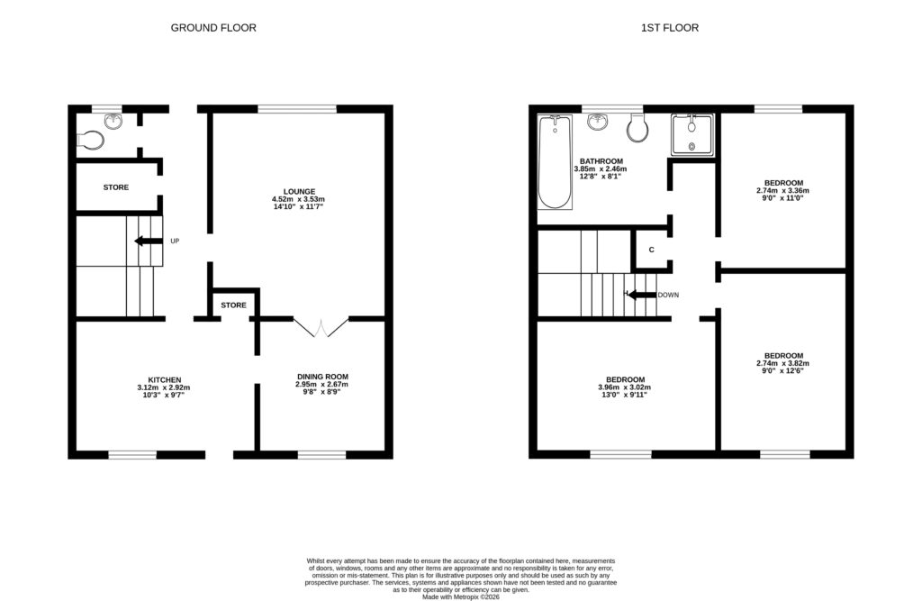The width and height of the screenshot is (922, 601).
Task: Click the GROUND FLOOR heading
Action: pos(213,28)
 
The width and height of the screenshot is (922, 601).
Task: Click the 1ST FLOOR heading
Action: pos(670,28)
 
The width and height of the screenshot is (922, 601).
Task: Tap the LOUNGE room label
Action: pos(299,191)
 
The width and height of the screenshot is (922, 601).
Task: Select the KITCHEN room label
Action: pos(165,380)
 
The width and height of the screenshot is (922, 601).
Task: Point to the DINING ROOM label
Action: pos(323,377)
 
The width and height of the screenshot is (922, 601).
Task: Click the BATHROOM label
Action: pos(601,161)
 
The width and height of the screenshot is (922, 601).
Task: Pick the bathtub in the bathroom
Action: pos(555,162)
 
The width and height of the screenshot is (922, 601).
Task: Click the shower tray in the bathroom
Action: pos(692,135)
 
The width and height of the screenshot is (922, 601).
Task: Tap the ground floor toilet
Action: pos(91,141)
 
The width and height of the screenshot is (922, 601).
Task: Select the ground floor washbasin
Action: pos(113,122)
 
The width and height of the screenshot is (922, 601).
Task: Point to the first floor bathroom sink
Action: pos(598,122)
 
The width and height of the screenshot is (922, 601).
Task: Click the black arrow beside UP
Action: pos(149,241)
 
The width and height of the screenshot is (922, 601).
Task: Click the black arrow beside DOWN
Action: pos(641,295)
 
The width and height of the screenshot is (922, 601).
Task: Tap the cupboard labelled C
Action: pos(652,250)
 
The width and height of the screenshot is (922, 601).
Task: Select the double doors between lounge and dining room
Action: pos(321,327)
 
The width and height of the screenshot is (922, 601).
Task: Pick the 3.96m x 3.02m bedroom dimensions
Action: pos(625,387)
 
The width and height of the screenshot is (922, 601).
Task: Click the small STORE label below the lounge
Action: pos(233,305)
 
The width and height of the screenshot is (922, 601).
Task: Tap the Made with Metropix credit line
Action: pos(461,596)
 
